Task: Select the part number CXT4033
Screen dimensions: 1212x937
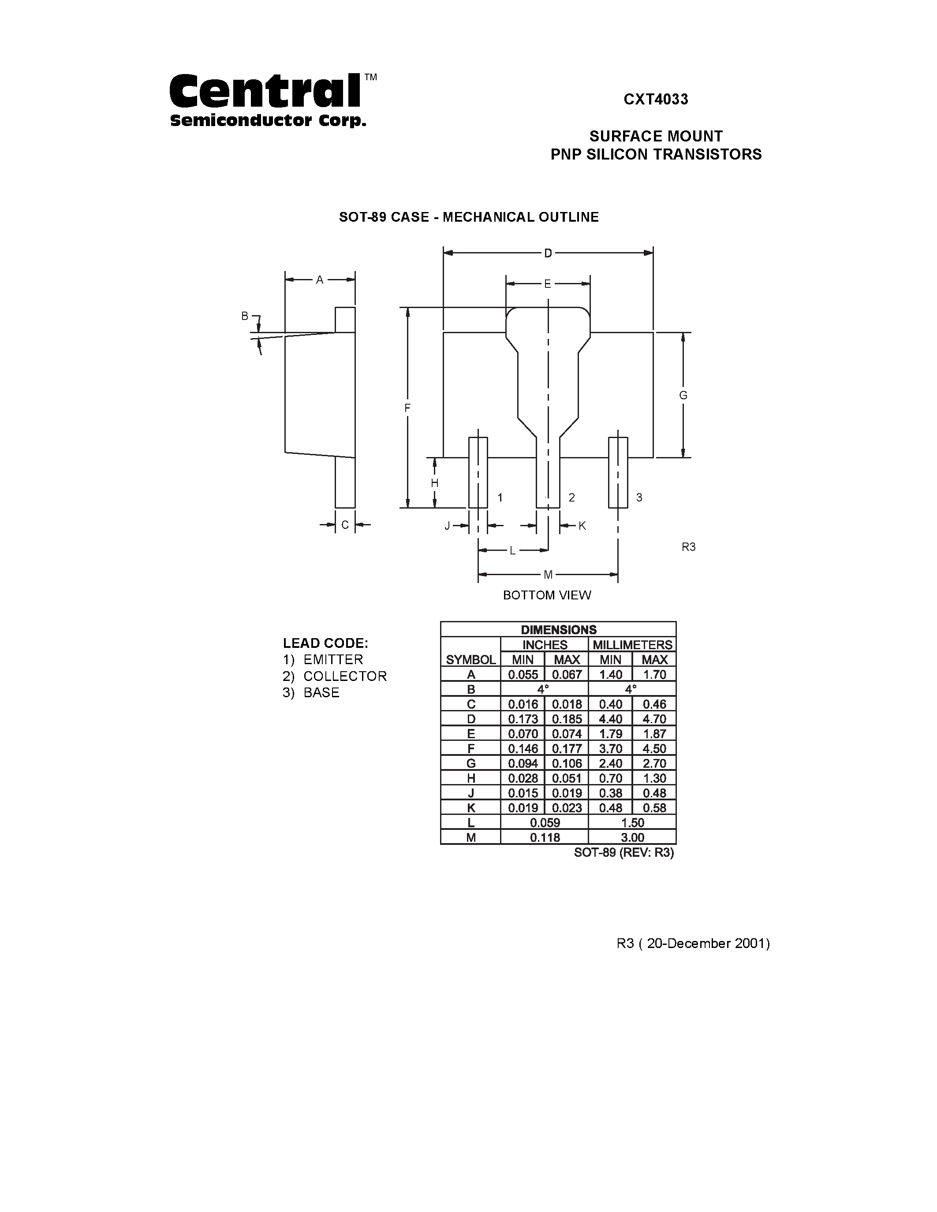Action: click(x=656, y=99)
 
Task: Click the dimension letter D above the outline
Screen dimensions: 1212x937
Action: click(x=548, y=253)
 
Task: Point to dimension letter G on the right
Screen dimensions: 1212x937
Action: click(x=683, y=395)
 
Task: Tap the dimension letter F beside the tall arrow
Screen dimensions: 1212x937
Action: click(x=407, y=408)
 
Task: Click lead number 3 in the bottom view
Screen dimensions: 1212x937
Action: click(x=639, y=497)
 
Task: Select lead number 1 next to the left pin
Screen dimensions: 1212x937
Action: click(x=500, y=497)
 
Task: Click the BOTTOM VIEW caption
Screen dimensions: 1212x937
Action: click(x=547, y=595)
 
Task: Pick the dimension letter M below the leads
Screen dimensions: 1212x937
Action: click(x=548, y=575)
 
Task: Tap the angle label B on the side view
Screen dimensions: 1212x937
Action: click(x=244, y=316)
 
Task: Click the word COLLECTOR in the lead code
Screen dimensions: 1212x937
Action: click(x=345, y=676)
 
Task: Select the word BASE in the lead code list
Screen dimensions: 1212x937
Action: click(x=321, y=692)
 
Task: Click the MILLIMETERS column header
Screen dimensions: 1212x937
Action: click(x=632, y=645)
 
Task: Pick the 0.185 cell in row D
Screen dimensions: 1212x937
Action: click(x=567, y=719)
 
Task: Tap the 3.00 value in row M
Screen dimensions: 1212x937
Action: click(x=632, y=837)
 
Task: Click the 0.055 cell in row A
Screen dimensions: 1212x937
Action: click(x=523, y=675)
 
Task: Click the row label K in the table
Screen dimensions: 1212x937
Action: click(x=471, y=808)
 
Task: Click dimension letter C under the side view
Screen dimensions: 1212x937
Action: click(x=345, y=524)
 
